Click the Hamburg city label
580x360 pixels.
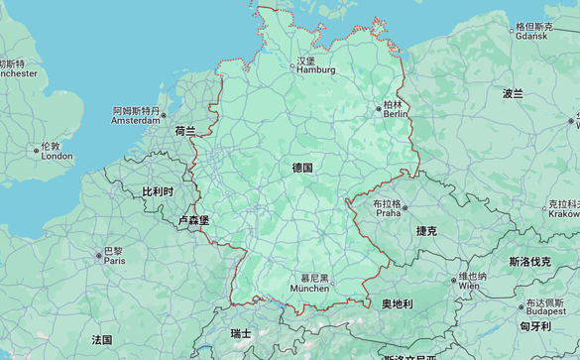[316, 65]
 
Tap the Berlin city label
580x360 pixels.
[395, 109]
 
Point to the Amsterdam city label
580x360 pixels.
[136, 116]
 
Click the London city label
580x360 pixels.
[56, 151]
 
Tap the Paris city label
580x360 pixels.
[114, 256]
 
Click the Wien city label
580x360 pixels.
[472, 281]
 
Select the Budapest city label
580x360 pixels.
[545, 306]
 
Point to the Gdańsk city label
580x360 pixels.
[531, 31]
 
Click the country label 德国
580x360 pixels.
[302, 168]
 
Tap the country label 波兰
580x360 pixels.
[513, 93]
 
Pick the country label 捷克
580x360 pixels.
[426, 230]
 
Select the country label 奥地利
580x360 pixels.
[397, 303]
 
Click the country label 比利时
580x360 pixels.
[158, 191]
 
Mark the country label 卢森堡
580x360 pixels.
[193, 220]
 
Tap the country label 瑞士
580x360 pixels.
[241, 333]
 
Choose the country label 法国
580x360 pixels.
[102, 339]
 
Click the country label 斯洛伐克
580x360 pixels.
[529, 262]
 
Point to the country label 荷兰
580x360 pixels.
[185, 131]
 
